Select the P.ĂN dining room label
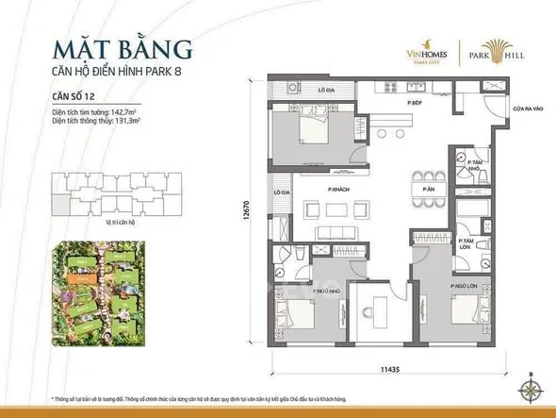pos(428,189)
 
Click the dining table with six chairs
pos(429,182)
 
